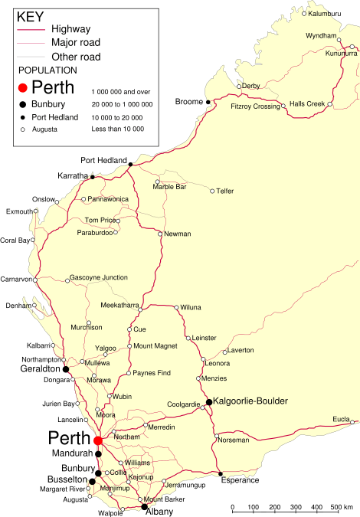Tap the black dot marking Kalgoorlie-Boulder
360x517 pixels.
click(x=209, y=401)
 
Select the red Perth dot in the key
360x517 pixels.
click(x=24, y=88)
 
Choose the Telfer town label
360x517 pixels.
click(x=225, y=191)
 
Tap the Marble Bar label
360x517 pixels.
click(x=169, y=186)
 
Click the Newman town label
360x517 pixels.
click(x=178, y=234)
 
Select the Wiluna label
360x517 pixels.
click(x=191, y=307)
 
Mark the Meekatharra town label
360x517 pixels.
click(x=119, y=305)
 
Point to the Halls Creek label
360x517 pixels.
click(x=306, y=104)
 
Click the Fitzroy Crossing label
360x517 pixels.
click(x=255, y=106)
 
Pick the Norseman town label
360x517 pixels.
click(x=233, y=440)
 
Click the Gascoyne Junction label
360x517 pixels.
click(x=99, y=277)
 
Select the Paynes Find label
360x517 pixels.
click(x=149, y=373)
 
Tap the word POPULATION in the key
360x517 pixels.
click(x=47, y=70)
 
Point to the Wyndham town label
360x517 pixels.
click(x=321, y=36)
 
